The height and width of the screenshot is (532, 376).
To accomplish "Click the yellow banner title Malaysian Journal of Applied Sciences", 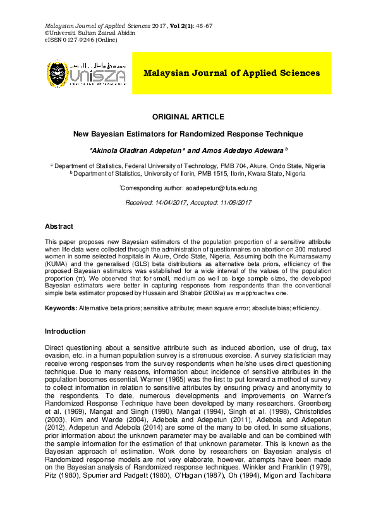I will point(231,73).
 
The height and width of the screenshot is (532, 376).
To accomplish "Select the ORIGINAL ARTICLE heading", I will point(188,117).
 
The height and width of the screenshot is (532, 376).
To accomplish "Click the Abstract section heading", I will point(59,226).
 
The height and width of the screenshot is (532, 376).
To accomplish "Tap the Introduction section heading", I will point(64,332).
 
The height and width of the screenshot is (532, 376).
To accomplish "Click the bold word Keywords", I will point(60,308).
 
